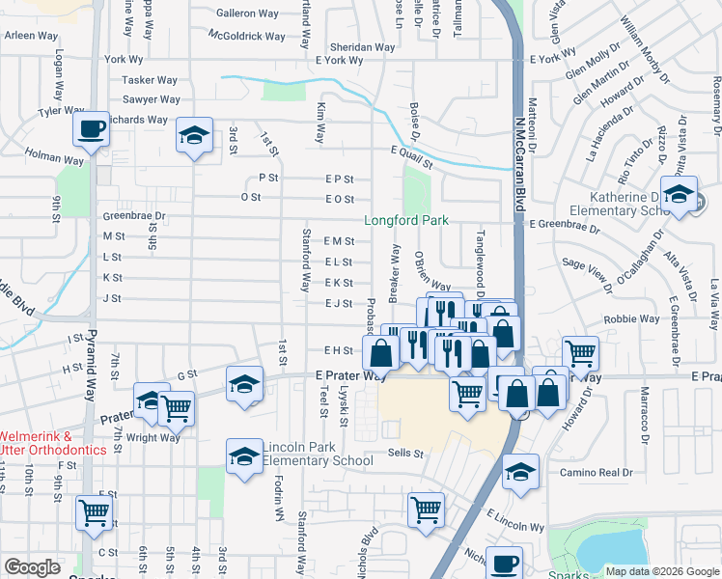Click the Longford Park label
pyautogui.click(x=405, y=220)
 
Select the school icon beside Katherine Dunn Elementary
pyautogui.click(x=679, y=195)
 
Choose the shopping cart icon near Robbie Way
pyautogui.click(x=580, y=354)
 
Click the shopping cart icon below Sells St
pyautogui.click(x=426, y=510)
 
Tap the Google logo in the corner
pyautogui.click(x=32, y=566)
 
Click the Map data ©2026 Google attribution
pyautogui.click(x=661, y=571)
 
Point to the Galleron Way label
pyautogui.click(x=248, y=14)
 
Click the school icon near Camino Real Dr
pyautogui.click(x=520, y=473)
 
